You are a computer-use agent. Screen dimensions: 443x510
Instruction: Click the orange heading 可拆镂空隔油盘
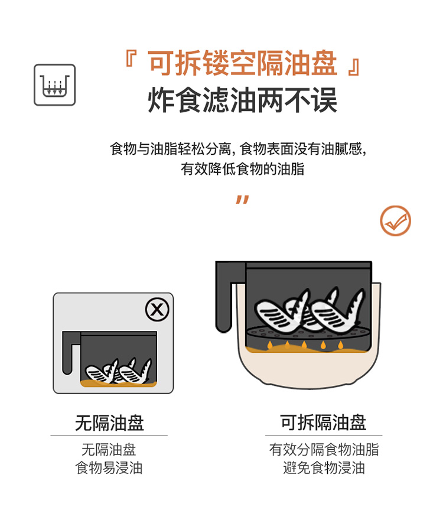click(x=243, y=63)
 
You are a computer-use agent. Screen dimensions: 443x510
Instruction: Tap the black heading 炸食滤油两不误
click(x=242, y=100)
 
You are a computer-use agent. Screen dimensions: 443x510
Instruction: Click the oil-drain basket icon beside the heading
click(x=54, y=85)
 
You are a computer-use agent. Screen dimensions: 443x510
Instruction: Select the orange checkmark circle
click(x=396, y=221)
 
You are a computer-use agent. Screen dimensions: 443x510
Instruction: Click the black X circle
click(x=157, y=309)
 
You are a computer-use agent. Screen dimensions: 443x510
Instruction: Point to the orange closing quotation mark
click(x=242, y=200)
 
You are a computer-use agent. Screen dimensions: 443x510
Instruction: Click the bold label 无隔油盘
click(x=109, y=423)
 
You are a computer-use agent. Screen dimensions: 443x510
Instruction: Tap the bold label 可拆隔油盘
click(x=324, y=423)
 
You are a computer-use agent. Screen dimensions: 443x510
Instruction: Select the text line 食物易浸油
click(x=109, y=468)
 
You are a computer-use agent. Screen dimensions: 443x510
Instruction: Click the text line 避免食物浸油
click(x=324, y=468)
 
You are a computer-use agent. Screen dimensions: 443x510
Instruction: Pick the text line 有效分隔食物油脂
click(x=324, y=450)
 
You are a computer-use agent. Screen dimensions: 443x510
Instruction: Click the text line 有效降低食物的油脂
click(x=242, y=169)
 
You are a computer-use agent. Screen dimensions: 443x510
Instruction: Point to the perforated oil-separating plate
click(x=308, y=332)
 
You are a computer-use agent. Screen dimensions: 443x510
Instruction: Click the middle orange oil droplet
click(x=304, y=345)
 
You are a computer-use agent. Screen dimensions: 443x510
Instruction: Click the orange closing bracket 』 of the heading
click(x=354, y=67)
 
